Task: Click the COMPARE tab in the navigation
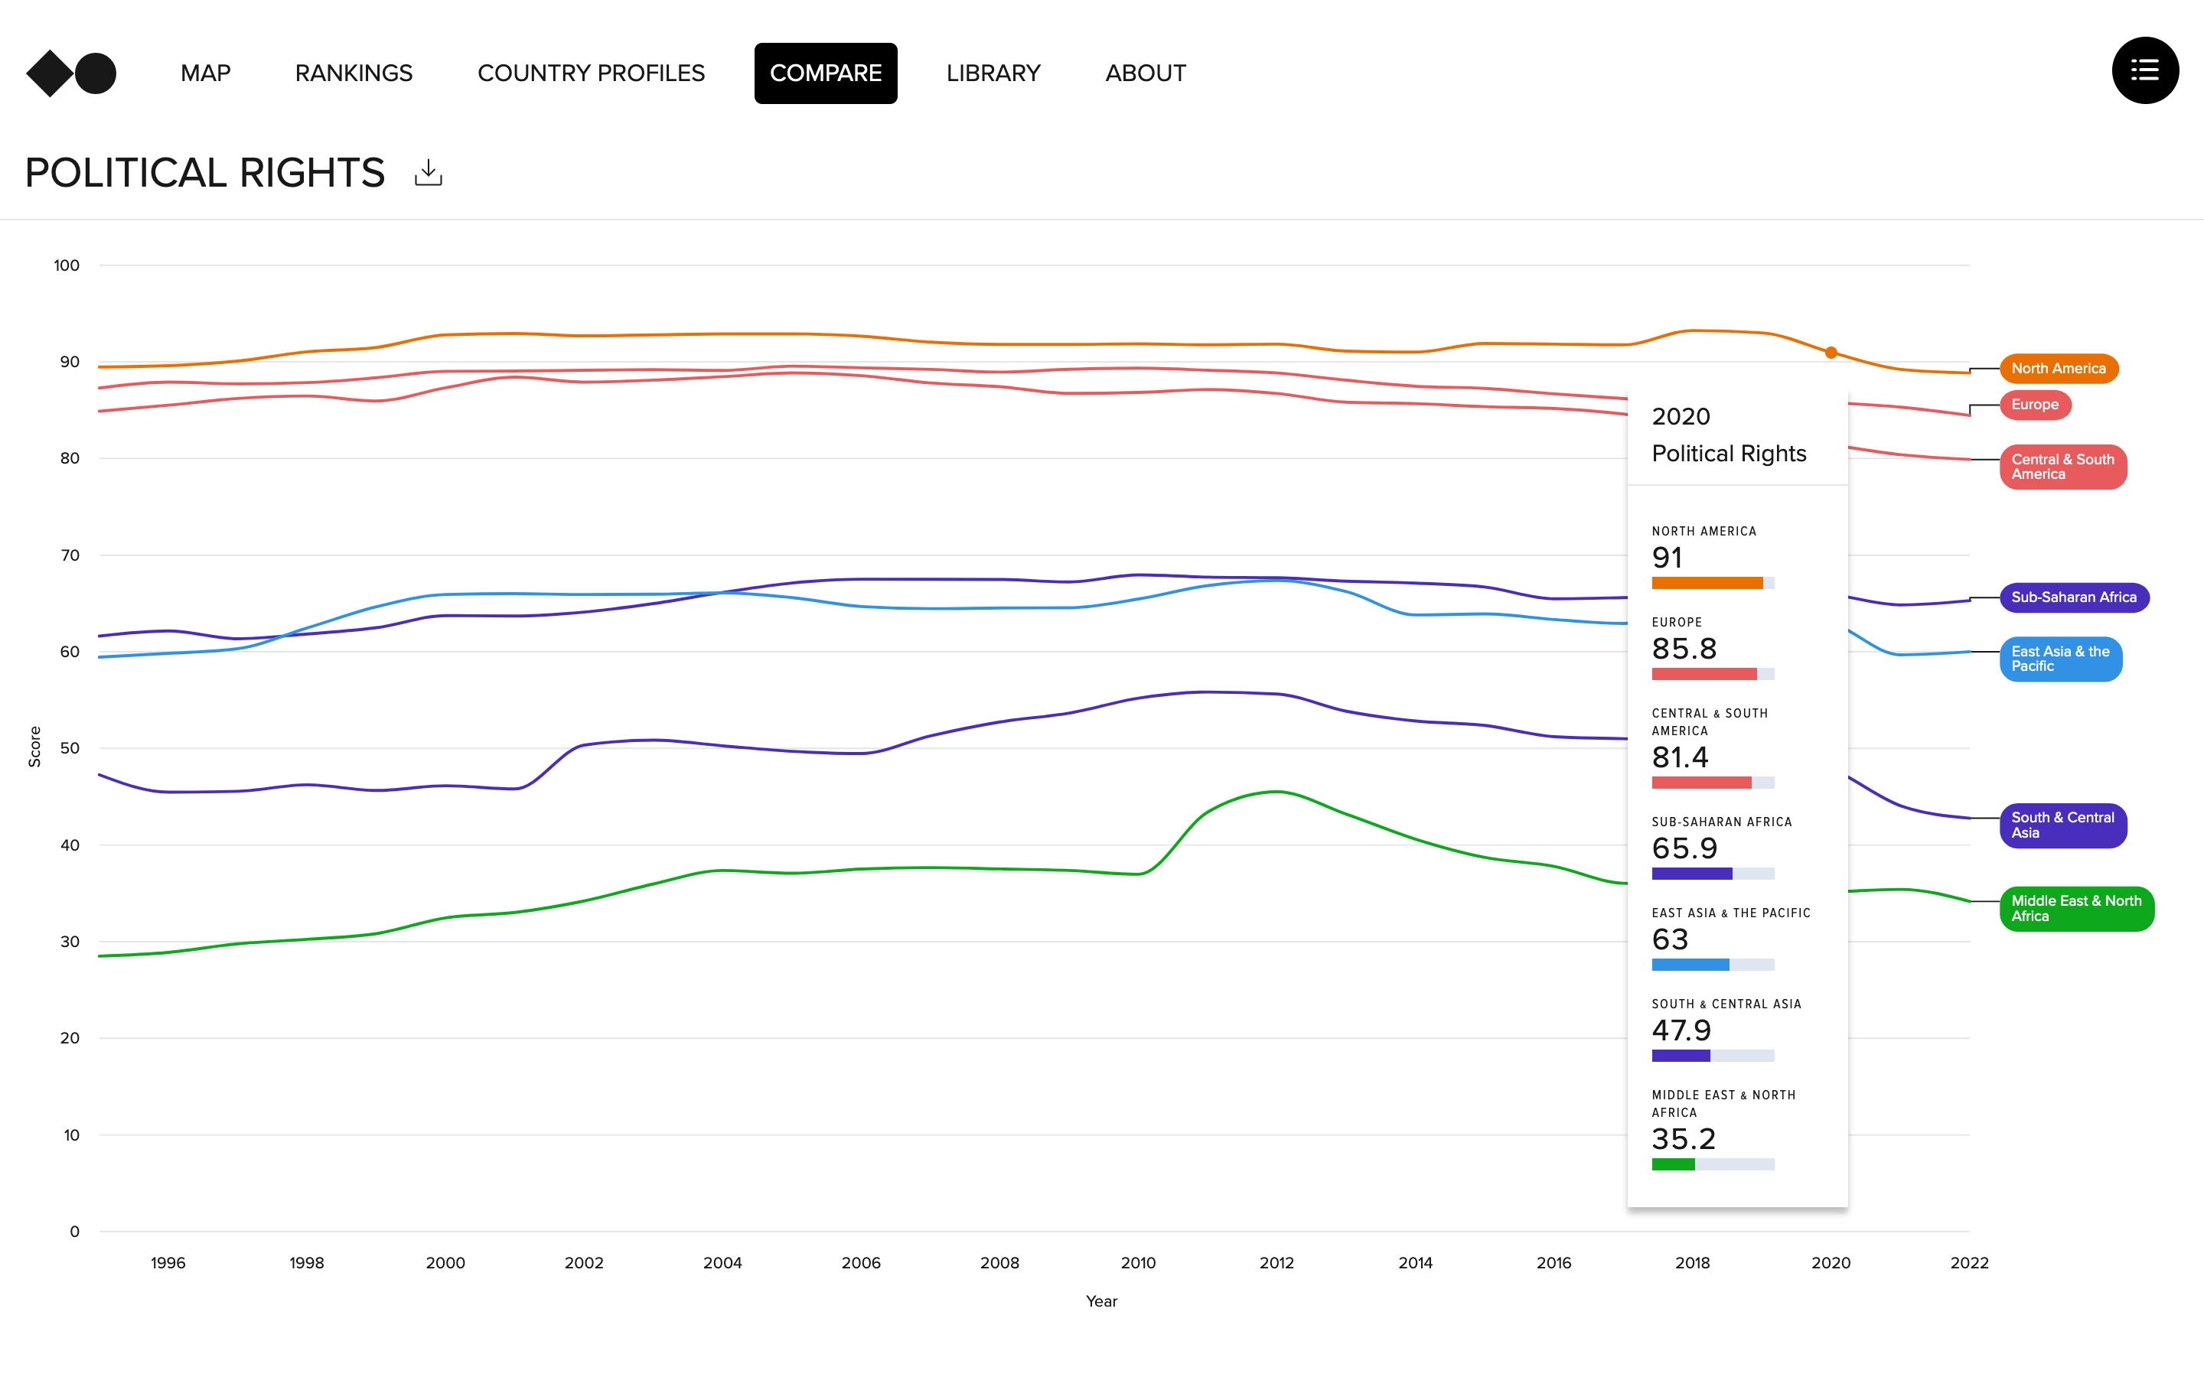[825, 73]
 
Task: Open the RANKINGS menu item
[354, 73]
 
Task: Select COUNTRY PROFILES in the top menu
[591, 73]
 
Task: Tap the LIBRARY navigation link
[993, 73]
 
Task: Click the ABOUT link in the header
[1145, 73]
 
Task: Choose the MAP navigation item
[206, 73]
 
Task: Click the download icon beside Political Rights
[428, 172]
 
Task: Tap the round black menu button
[2145, 71]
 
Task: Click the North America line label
[2059, 369]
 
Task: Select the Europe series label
[2035, 405]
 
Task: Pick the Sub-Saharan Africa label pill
[2073, 597]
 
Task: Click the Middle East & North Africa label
[2075, 908]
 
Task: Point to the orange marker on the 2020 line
[1831, 353]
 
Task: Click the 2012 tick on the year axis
[1276, 1262]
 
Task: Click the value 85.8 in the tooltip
[1684, 649]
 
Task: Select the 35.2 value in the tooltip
[1683, 1138]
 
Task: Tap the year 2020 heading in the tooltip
[1681, 416]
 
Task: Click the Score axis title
[34, 747]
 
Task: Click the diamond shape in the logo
[49, 73]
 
